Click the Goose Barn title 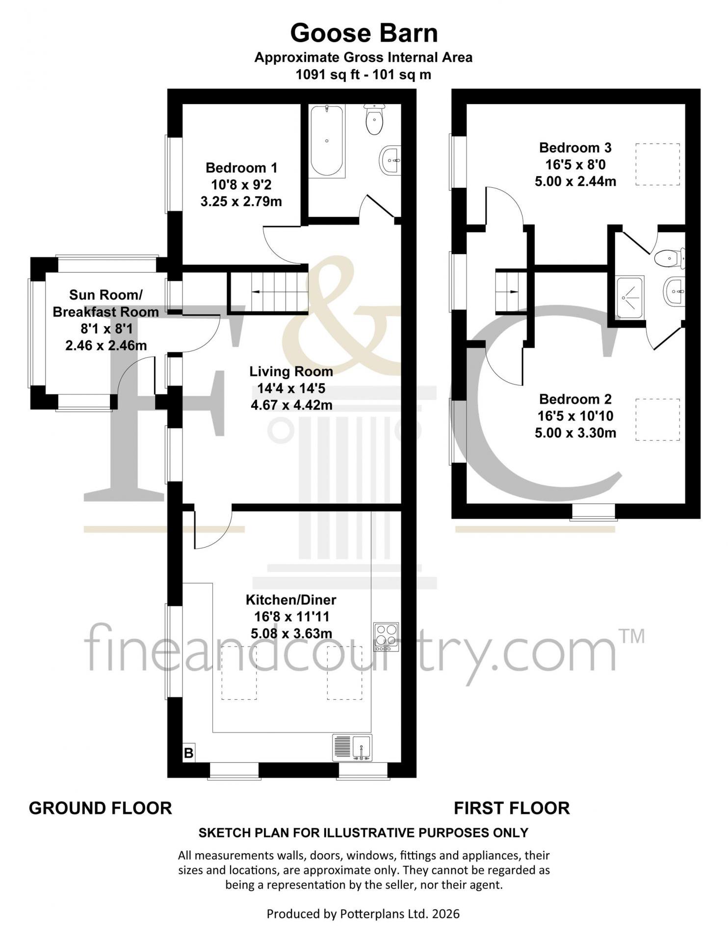pyautogui.click(x=364, y=33)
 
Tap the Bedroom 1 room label pyautogui.click(x=241, y=168)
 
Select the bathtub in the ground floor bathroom pyautogui.click(x=327, y=140)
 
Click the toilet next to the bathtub pyautogui.click(x=375, y=119)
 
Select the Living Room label pyautogui.click(x=291, y=371)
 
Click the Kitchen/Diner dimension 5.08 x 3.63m pyautogui.click(x=291, y=633)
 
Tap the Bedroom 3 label pyautogui.click(x=575, y=148)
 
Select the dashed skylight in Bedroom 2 pyautogui.click(x=658, y=419)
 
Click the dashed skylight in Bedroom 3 pyautogui.click(x=658, y=164)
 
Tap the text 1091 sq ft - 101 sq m pyautogui.click(x=364, y=75)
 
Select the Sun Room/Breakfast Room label pyautogui.click(x=106, y=303)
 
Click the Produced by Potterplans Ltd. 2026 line pyautogui.click(x=364, y=914)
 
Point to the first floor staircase pyautogui.click(x=508, y=291)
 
